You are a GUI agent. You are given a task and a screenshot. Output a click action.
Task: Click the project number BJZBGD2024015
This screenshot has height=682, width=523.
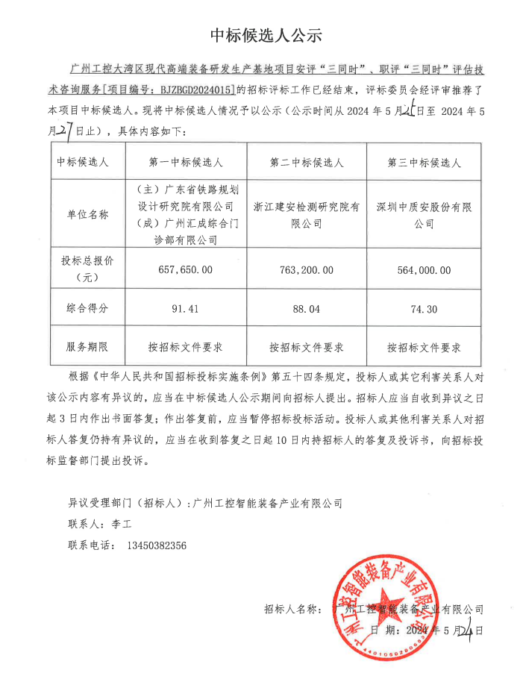(x=192, y=90)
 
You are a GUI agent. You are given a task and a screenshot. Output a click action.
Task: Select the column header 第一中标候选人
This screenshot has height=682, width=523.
(x=186, y=162)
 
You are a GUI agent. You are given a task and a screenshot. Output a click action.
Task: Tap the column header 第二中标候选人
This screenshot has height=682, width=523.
(x=306, y=162)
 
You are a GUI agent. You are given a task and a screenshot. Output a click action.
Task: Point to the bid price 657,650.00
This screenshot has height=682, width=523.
(x=186, y=269)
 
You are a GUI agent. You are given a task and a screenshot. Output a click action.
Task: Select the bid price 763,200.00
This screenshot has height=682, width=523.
(x=306, y=269)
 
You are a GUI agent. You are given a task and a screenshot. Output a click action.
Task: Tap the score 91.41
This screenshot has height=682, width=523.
(x=186, y=307)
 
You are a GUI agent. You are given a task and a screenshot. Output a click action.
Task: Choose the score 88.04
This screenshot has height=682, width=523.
(x=306, y=307)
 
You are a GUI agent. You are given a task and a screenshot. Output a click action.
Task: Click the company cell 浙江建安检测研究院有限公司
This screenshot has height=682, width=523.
(x=306, y=215)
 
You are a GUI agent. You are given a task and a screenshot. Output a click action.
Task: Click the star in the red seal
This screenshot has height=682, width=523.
(x=394, y=607)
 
